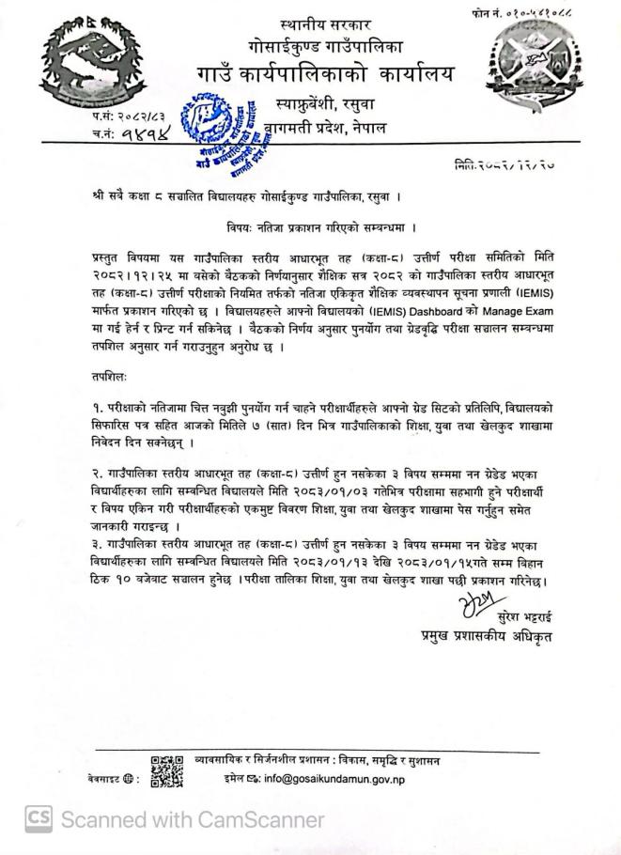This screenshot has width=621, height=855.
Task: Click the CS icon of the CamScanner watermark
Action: coord(37,819)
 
